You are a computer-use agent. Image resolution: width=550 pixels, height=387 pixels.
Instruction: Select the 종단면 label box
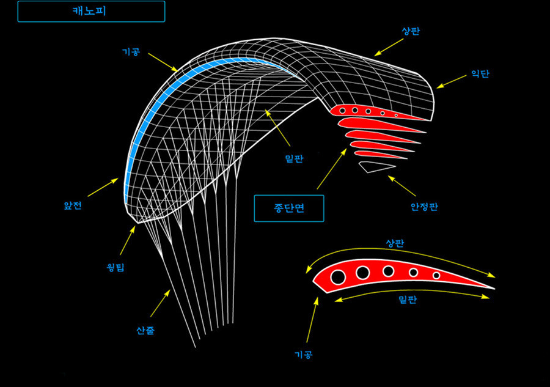pyautogui.click(x=288, y=208)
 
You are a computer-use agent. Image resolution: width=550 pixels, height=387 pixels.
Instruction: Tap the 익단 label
pyautogui.click(x=480, y=74)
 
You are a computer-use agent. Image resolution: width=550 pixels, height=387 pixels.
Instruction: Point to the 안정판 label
pyautogui.click(x=425, y=207)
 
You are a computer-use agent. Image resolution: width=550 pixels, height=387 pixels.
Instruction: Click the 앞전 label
pyautogui.click(x=73, y=206)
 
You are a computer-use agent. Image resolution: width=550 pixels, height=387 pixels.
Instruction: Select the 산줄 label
pyautogui.click(x=145, y=331)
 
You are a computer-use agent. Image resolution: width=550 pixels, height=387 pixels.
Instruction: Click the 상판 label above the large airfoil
pyautogui.click(x=394, y=242)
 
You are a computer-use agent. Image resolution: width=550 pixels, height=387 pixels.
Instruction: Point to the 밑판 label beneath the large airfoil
pyautogui.click(x=407, y=299)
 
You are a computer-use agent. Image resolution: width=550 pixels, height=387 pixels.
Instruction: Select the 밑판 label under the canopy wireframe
pyautogui.click(x=295, y=158)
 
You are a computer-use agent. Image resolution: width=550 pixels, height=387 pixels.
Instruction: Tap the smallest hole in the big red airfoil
pyautogui.click(x=436, y=276)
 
